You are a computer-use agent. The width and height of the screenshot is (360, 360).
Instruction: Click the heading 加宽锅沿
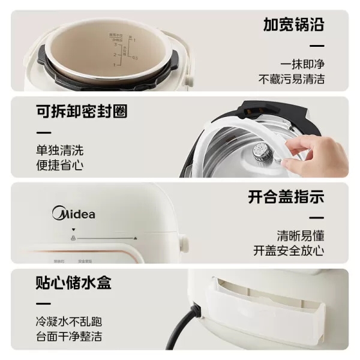click(x=293, y=25)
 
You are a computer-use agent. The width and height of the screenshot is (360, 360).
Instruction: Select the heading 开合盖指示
click(x=286, y=197)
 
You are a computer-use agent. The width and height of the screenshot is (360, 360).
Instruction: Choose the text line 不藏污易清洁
click(x=292, y=79)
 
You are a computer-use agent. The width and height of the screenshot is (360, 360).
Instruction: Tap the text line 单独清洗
click(x=59, y=151)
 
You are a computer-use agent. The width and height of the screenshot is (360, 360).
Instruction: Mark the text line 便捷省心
click(x=59, y=166)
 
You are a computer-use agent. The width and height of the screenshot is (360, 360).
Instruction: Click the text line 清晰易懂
click(x=300, y=235)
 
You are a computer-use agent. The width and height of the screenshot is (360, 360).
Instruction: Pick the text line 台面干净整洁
click(x=68, y=337)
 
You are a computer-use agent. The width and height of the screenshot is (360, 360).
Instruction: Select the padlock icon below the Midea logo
click(x=73, y=238)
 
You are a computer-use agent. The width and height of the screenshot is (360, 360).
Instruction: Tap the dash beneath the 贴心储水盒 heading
click(x=43, y=304)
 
